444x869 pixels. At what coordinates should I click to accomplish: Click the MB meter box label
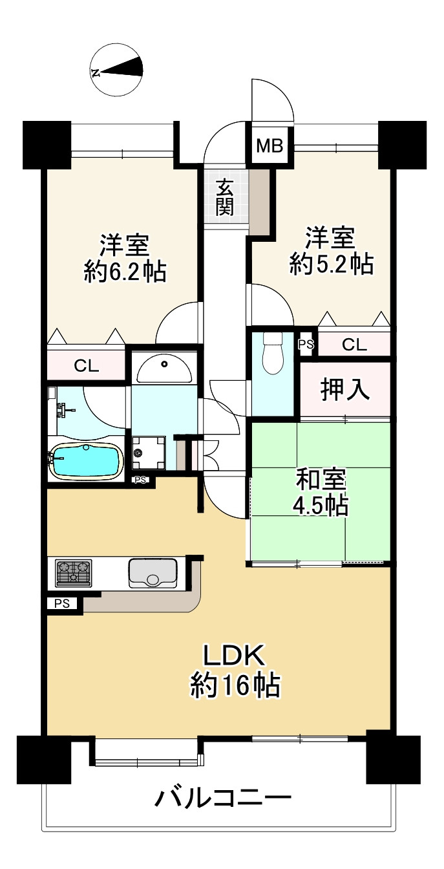tap(270, 146)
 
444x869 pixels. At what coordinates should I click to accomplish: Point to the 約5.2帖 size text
tap(332, 264)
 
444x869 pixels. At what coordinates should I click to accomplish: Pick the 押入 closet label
tap(344, 389)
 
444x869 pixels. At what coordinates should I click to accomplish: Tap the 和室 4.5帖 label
tap(321, 491)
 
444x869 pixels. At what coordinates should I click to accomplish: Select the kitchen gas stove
tap(73, 573)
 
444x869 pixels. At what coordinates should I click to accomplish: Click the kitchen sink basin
tap(153, 573)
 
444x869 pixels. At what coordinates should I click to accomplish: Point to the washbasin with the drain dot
tap(164, 368)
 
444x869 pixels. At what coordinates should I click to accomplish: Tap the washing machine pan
tap(149, 453)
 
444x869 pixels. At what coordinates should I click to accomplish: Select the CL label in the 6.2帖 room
tap(86, 365)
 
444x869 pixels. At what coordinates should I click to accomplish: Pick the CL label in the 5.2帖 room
tap(354, 344)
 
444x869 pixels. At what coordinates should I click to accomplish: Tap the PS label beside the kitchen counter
tap(62, 604)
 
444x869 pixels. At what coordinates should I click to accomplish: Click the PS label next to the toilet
tap(306, 344)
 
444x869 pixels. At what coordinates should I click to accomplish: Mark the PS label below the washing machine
tap(140, 480)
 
